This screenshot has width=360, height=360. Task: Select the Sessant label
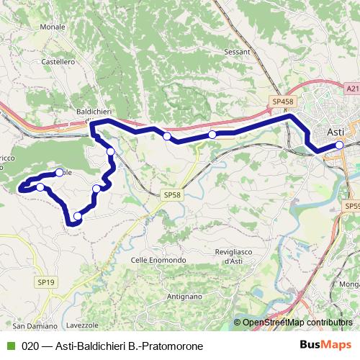(x=237, y=52)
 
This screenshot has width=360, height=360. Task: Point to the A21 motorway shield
(x=351, y=88)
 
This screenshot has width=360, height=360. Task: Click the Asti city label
(x=336, y=132)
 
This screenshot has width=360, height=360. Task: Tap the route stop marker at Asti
(x=339, y=146)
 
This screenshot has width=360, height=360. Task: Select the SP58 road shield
(x=171, y=194)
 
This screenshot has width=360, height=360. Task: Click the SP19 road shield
(x=45, y=283)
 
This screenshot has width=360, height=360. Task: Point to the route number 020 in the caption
(x=30, y=346)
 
